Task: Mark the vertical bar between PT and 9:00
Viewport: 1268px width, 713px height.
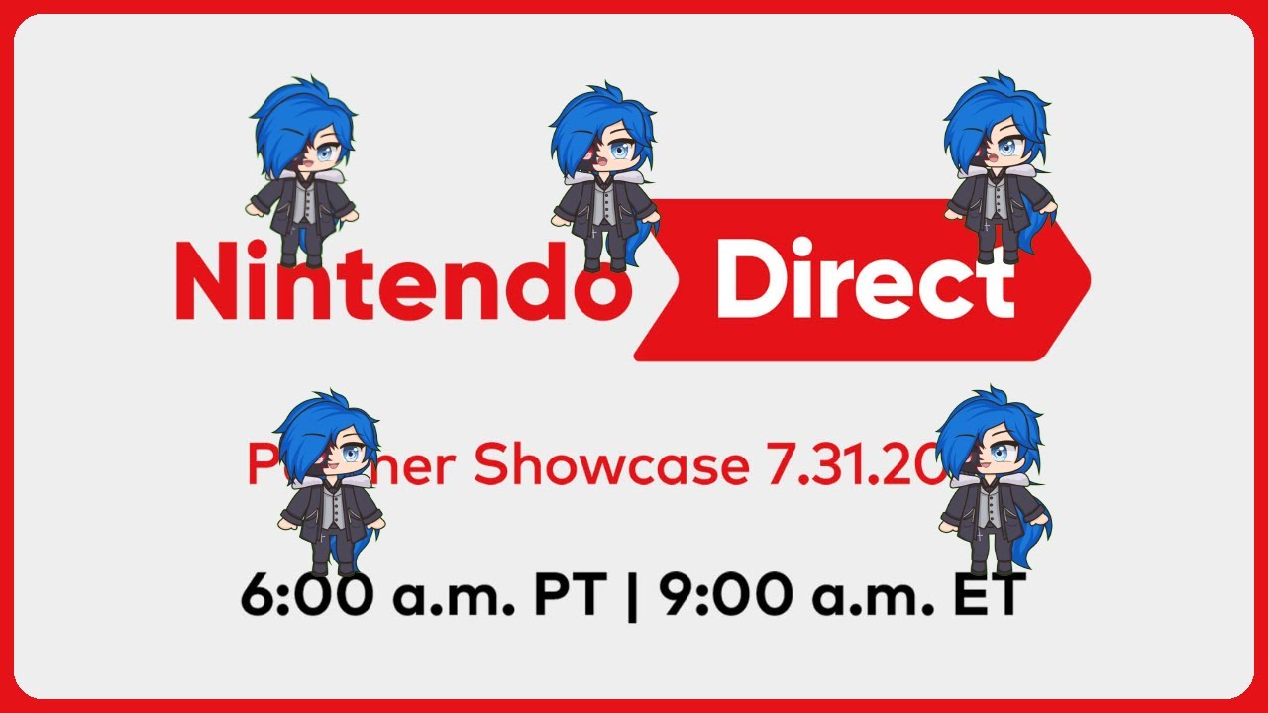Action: [631, 598]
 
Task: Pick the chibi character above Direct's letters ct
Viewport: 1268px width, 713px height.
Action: [999, 168]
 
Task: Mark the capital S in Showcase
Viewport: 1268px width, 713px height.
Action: [492, 465]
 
